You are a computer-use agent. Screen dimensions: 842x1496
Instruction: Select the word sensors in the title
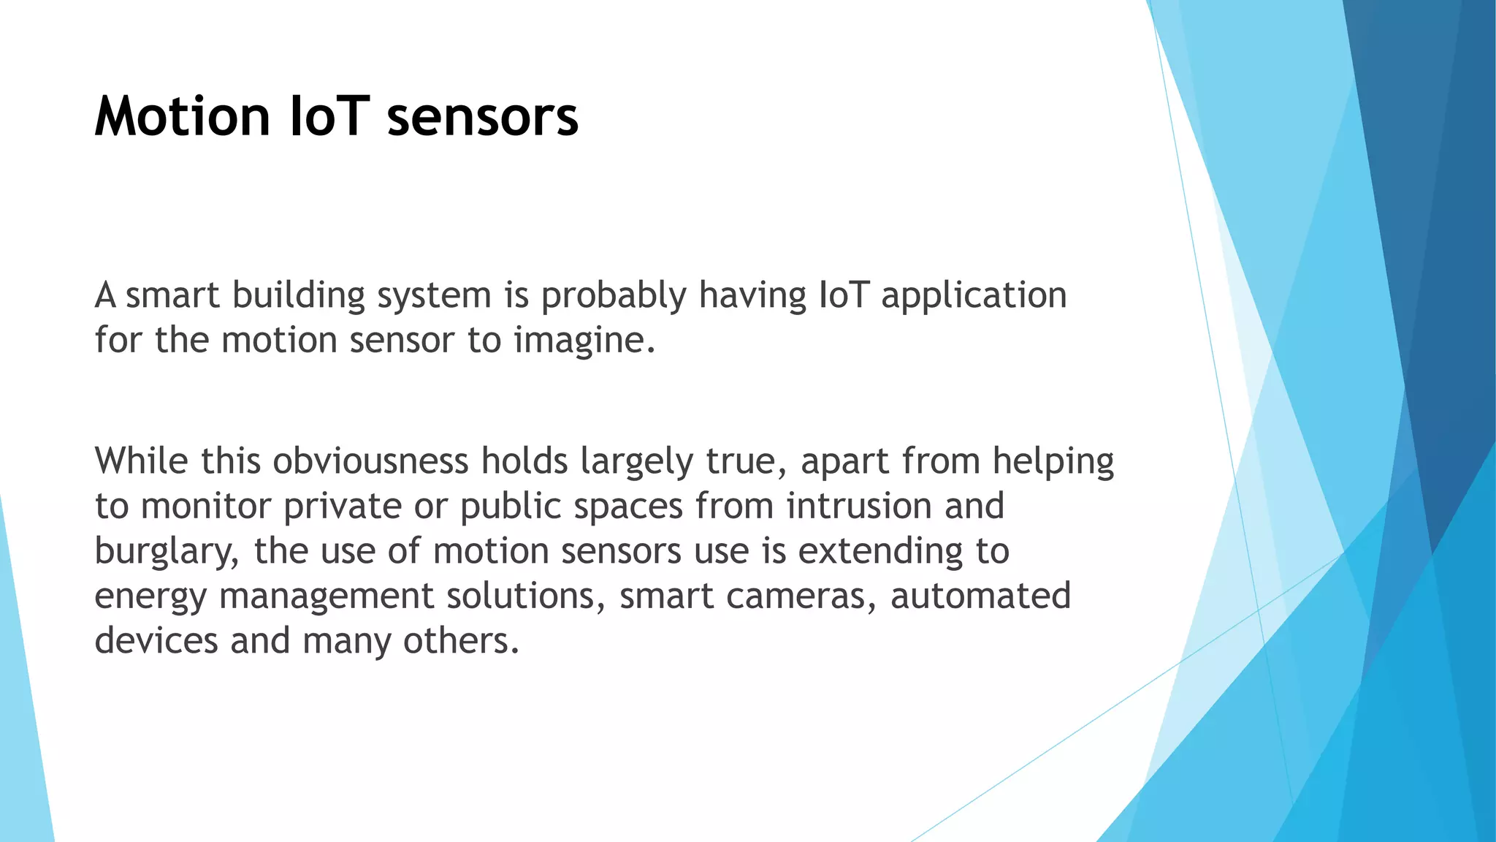click(x=483, y=117)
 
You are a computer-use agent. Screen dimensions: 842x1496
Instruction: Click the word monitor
click(x=206, y=507)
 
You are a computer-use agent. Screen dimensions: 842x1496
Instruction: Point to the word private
click(x=343, y=507)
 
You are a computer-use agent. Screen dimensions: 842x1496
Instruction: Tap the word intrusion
click(x=859, y=507)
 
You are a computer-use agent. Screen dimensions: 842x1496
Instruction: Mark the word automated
click(x=980, y=596)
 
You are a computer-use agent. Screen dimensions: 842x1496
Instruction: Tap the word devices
click(x=156, y=641)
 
